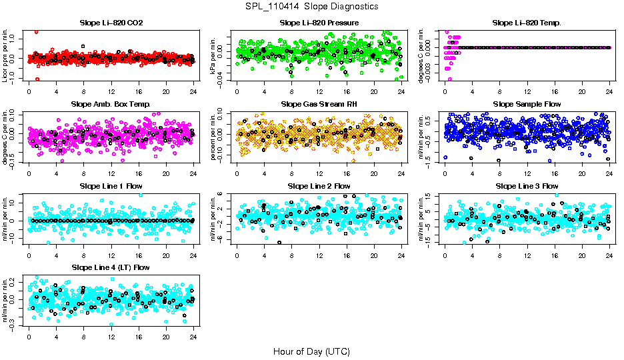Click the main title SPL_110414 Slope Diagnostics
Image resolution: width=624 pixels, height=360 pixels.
(311, 7)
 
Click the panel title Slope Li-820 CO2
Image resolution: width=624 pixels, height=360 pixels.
(111, 23)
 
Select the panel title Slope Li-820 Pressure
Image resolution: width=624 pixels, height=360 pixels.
(319, 23)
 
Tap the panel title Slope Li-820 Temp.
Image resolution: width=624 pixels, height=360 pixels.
(527, 23)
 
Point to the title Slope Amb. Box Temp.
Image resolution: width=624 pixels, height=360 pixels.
(111, 105)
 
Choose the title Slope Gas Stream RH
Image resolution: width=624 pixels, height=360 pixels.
(319, 105)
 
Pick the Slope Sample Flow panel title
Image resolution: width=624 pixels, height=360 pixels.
(527, 105)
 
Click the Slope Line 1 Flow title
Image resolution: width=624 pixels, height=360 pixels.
(111, 186)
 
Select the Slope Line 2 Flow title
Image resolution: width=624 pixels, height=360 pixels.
(319, 186)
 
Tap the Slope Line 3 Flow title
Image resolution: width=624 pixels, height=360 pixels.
(527, 186)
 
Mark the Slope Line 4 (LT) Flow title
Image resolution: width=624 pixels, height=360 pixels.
(111, 267)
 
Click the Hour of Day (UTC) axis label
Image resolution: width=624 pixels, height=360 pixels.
(311, 351)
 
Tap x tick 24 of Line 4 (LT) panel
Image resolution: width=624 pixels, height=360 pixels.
(193, 337)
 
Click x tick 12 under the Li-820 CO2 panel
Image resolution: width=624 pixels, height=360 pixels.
(111, 93)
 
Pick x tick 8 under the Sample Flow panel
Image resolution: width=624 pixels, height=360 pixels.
(499, 174)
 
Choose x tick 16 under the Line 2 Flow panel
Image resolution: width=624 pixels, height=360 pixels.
(347, 255)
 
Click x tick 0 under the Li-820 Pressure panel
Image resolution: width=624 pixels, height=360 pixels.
(237, 93)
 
